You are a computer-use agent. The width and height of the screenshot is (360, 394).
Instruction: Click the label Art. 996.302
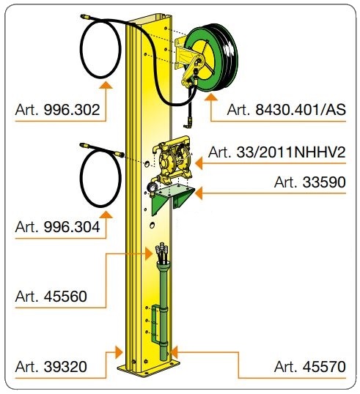click(57, 110)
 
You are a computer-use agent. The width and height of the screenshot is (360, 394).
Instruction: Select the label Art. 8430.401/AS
click(286, 110)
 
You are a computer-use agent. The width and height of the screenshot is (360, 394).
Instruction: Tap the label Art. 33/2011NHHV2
click(276, 152)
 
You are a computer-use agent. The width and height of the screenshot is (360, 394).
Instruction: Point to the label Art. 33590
click(310, 182)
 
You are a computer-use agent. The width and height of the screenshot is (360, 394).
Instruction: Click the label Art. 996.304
click(57, 227)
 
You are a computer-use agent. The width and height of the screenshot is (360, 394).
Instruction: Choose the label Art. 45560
click(51, 297)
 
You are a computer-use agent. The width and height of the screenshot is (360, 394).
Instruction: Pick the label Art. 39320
click(51, 367)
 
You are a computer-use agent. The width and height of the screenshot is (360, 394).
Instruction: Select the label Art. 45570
click(310, 367)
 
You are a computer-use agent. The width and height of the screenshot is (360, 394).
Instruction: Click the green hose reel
click(211, 57)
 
